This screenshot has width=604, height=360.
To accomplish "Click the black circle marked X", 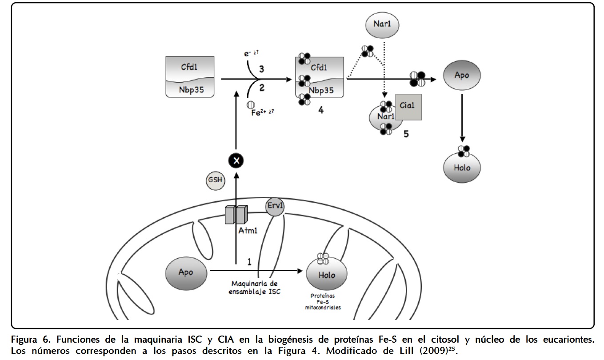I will pyautogui.click(x=236, y=160).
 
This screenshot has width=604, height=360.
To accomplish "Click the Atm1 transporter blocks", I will pyautogui.click(x=236, y=215).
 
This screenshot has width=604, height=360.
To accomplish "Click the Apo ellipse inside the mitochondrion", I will pyautogui.click(x=186, y=272).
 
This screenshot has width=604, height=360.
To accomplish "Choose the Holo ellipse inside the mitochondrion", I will pyautogui.click(x=327, y=275).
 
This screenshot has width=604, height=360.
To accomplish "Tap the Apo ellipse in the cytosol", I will pyautogui.click(x=462, y=75).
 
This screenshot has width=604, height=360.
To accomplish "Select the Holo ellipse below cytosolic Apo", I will pyautogui.click(x=462, y=168).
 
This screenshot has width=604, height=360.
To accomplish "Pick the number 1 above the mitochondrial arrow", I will pyautogui.click(x=249, y=262).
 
